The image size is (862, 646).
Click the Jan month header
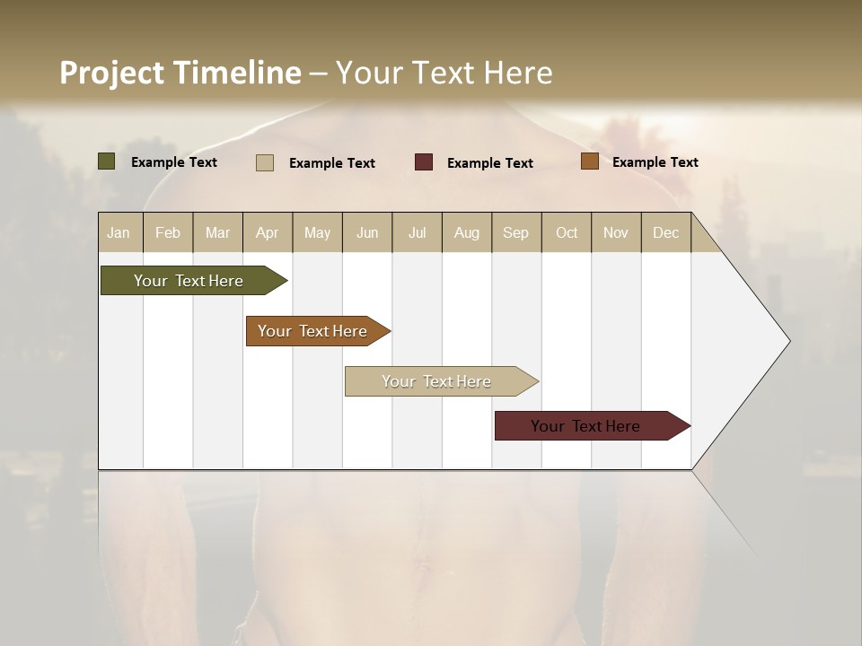(119, 232)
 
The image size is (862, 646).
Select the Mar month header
(218, 232)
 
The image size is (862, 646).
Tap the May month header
(317, 232)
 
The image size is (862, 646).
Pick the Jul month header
(418, 232)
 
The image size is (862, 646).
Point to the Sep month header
(516, 232)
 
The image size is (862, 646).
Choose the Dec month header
(665, 232)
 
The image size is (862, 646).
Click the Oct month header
(567, 232)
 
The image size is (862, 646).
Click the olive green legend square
(107, 161)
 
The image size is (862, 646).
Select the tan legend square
(265, 162)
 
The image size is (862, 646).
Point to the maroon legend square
(424, 162)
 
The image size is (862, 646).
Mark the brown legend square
(589, 161)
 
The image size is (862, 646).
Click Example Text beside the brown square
(655, 162)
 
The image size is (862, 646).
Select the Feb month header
(168, 232)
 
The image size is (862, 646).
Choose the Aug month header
(467, 232)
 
